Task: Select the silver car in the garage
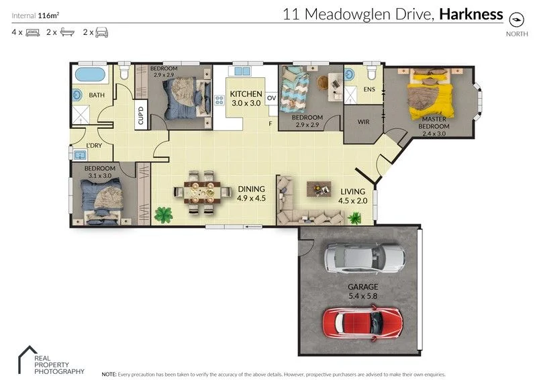click(x=364, y=257)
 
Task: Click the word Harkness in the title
click(x=471, y=13)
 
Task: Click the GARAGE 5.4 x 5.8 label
click(x=362, y=291)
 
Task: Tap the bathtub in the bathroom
click(x=90, y=74)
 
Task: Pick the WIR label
click(x=362, y=122)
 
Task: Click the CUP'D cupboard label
click(x=141, y=116)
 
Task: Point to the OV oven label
click(x=271, y=98)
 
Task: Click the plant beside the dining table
click(x=162, y=215)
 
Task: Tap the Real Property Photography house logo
click(x=27, y=355)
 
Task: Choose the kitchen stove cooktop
click(x=219, y=101)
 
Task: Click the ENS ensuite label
click(x=369, y=88)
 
